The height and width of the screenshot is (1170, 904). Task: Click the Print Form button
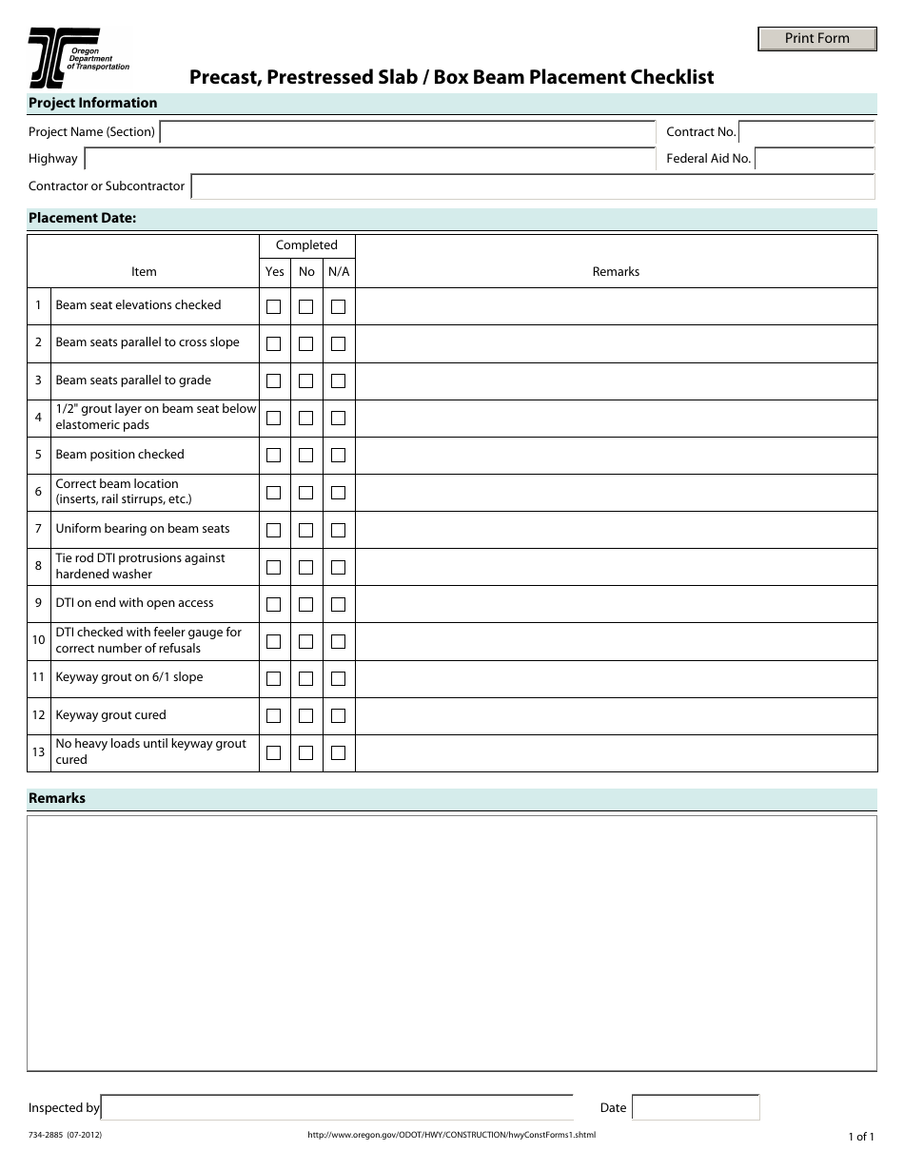[816, 39]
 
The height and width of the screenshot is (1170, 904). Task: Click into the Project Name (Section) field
[407, 132]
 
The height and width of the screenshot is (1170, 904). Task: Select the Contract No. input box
[806, 132]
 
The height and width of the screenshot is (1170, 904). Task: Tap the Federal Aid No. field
[815, 159]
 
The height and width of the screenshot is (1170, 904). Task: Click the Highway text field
[369, 159]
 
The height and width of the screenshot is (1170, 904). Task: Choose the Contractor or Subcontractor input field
[532, 186]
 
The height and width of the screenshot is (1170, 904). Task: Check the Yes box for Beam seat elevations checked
[274, 306]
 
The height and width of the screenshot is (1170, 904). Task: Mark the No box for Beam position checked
[305, 456]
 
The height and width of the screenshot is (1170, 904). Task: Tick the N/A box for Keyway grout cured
[338, 716]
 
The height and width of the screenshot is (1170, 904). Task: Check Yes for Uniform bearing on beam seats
[274, 530]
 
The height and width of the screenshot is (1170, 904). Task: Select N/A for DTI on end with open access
[338, 604]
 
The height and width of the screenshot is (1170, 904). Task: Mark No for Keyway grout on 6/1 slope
[305, 679]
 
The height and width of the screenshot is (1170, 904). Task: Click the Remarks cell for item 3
[616, 380]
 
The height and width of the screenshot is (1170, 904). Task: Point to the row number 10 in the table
[38, 640]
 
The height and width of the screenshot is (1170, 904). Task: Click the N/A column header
[339, 272]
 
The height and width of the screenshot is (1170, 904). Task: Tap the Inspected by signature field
[337, 1108]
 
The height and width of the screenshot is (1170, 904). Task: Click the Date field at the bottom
[696, 1108]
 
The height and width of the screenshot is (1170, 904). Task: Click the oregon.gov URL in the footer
[451, 1135]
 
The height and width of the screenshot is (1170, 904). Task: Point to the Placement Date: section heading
[83, 219]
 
